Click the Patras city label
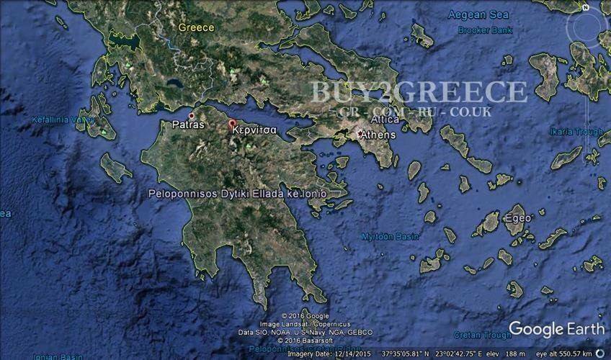[x=189, y=125]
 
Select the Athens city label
[x=377, y=135]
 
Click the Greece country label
[x=197, y=27]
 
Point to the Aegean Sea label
[x=478, y=14]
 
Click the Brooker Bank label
[x=484, y=30]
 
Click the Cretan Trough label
[x=482, y=335]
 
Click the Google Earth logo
[x=556, y=329]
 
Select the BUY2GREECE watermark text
[x=419, y=92]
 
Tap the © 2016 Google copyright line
[x=305, y=316]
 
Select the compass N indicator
[x=587, y=9]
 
